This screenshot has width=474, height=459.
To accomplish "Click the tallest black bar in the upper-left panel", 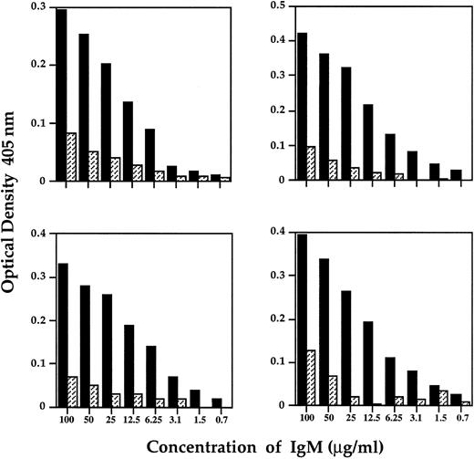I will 61,95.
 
